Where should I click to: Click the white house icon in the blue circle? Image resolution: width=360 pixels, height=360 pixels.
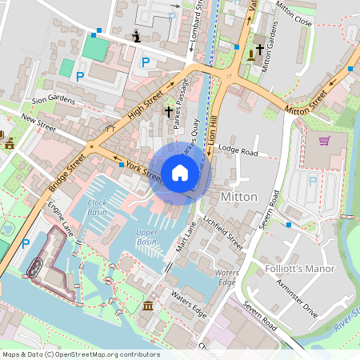click(180, 172)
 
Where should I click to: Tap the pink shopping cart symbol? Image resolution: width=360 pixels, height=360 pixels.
click(324, 142)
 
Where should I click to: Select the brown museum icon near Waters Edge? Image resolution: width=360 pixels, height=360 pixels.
click(148, 306)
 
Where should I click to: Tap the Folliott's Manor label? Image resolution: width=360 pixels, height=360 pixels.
click(299, 269)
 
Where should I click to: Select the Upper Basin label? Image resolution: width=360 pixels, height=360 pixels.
click(146, 237)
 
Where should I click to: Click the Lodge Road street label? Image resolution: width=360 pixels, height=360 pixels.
click(238, 151)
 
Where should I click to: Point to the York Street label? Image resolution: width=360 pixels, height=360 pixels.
click(144, 170)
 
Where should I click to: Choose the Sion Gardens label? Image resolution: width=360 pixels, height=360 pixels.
click(54, 101)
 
